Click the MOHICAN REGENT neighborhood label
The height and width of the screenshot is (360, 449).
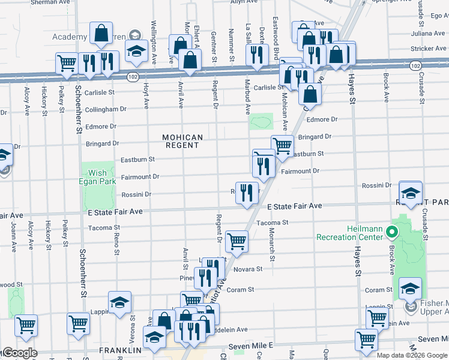(x=183, y=141)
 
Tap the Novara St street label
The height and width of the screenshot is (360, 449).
(x=249, y=269)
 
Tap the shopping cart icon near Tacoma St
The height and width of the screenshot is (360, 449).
(x=237, y=241)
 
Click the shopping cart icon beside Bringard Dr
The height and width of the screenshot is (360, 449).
(x=282, y=144)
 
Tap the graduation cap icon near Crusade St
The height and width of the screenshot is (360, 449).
(x=411, y=193)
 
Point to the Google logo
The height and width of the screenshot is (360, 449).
(x=19, y=353)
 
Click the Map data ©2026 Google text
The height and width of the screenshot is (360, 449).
(x=411, y=355)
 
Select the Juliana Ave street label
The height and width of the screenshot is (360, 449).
(x=428, y=33)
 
